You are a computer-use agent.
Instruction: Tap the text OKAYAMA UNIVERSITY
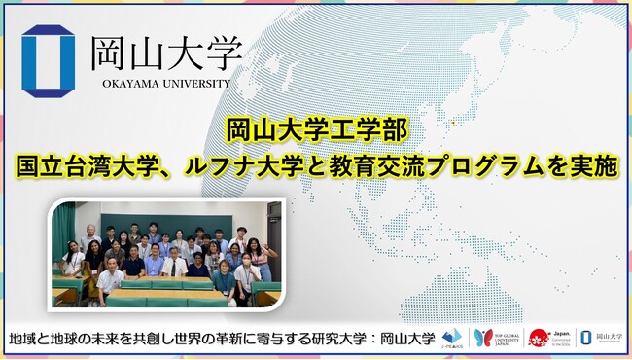pyautogui.click(x=164, y=84)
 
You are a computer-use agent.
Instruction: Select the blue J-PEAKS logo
pyautogui.click(x=452, y=338)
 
